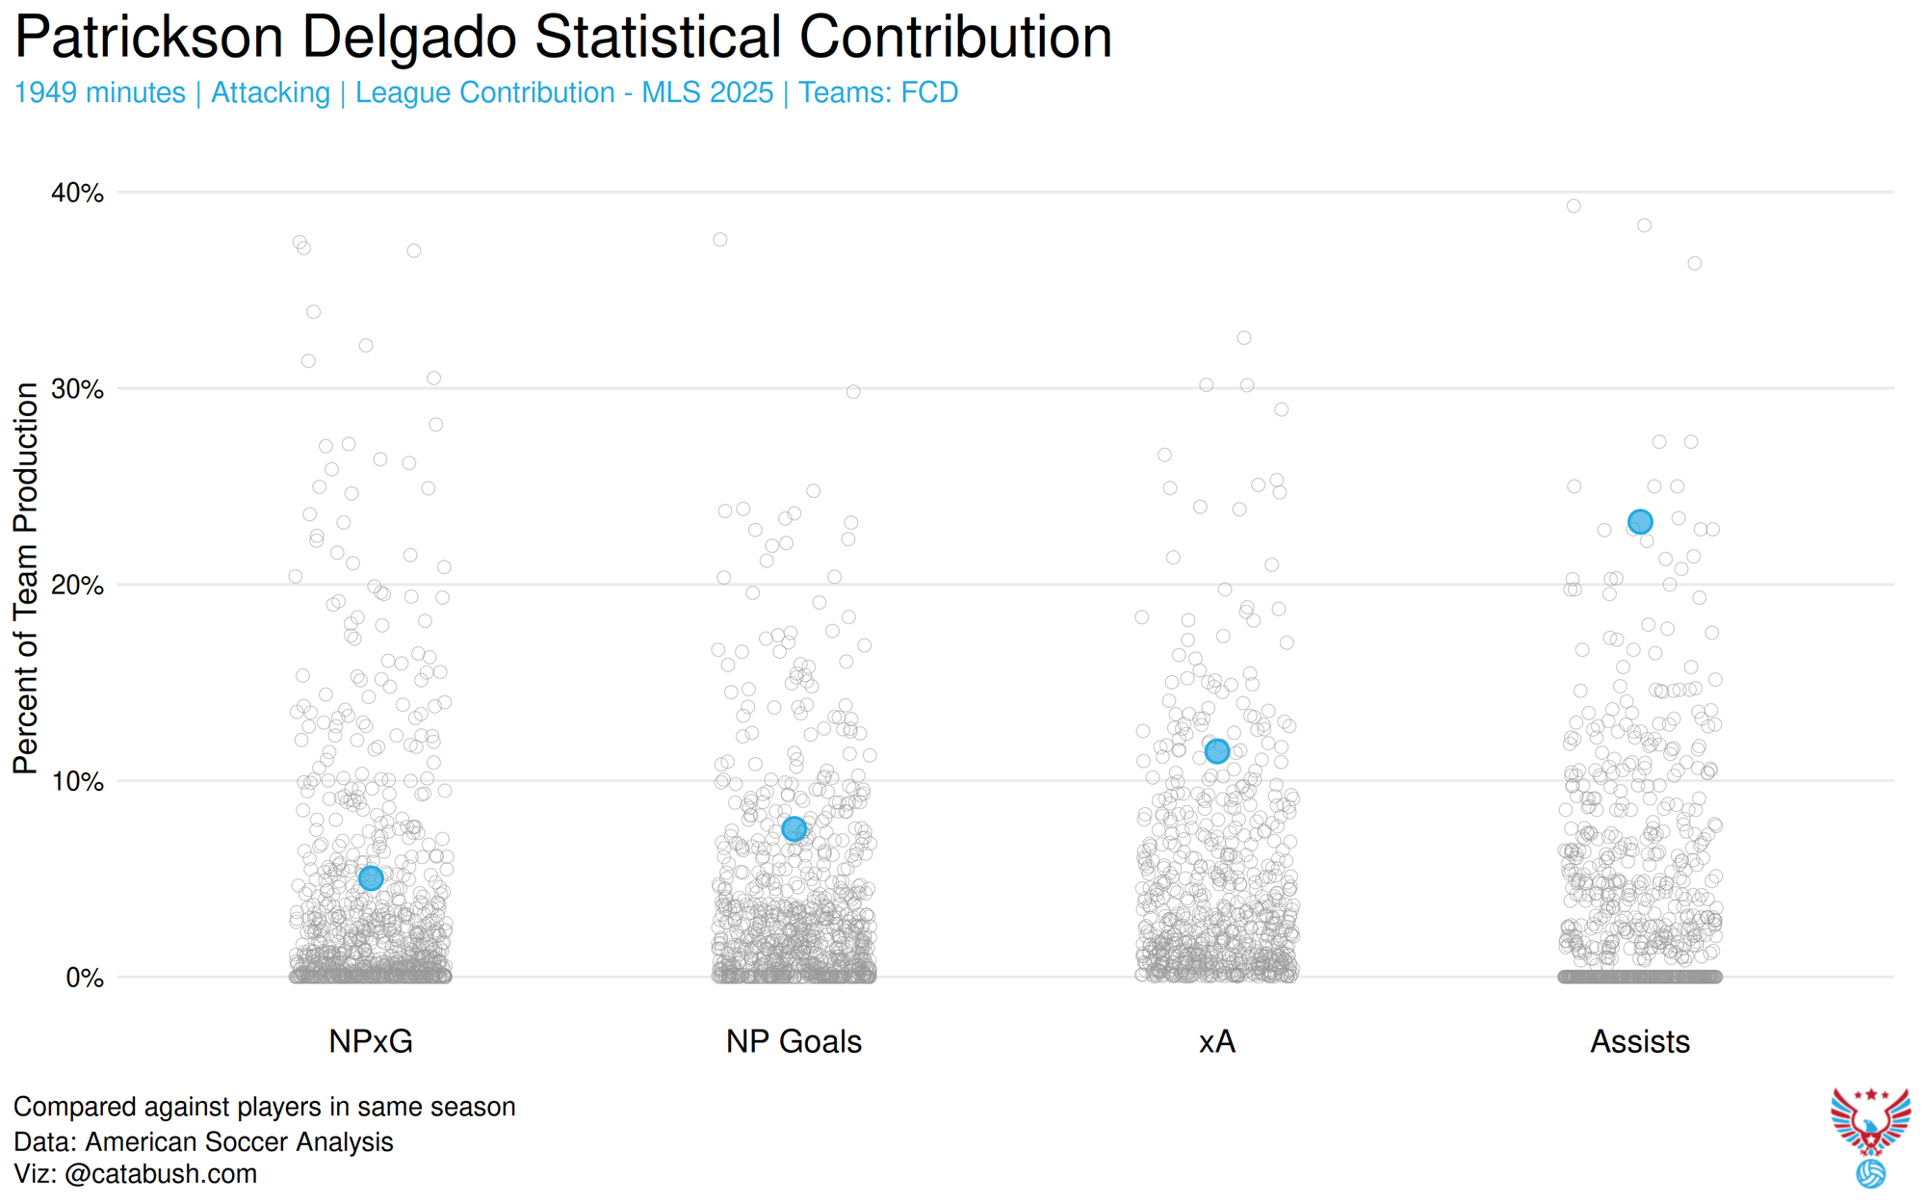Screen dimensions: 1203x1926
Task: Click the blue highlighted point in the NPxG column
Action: tap(371, 877)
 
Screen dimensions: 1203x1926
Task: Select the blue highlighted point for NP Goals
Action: tap(794, 828)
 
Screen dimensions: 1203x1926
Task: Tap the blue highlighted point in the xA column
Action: tap(1217, 750)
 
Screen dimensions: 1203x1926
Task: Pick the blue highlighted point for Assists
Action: tap(1640, 522)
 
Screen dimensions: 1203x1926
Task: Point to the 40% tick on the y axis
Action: tap(77, 193)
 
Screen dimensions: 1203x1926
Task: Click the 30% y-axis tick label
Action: tap(77, 389)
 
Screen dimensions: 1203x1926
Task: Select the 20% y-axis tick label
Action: tap(77, 586)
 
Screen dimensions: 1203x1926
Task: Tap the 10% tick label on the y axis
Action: tap(77, 781)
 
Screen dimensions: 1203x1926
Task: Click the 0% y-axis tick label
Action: tap(85, 978)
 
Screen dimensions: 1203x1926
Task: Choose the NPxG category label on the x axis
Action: tap(371, 1041)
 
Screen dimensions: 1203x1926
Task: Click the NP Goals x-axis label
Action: tap(794, 1041)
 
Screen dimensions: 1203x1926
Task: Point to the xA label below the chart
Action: tap(1217, 1041)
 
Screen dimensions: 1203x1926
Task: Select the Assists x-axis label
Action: tap(1640, 1041)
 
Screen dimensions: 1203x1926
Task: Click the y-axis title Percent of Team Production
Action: tap(26, 578)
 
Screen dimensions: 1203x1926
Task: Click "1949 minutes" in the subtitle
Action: tap(100, 92)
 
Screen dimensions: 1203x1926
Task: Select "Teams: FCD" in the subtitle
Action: tap(878, 92)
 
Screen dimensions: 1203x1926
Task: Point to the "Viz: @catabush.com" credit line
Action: tap(136, 1174)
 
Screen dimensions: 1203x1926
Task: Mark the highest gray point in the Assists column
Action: tap(1574, 206)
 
